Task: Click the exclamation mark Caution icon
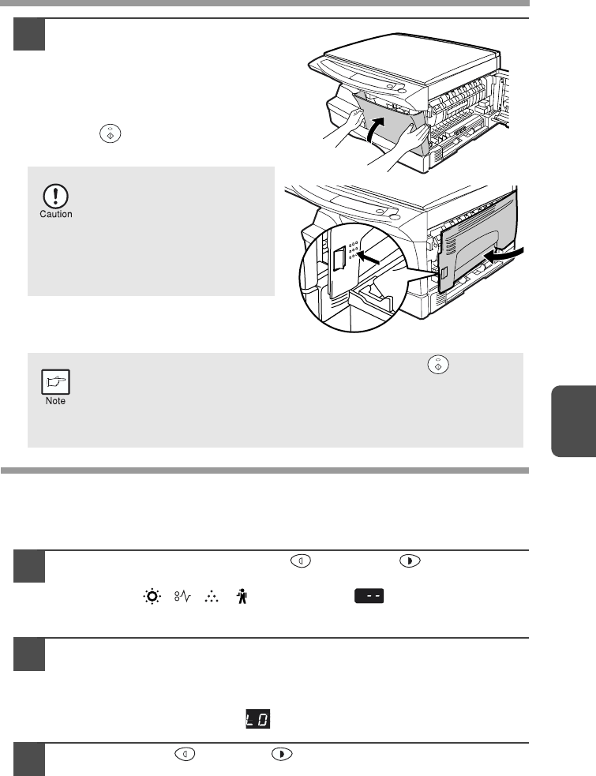point(55,197)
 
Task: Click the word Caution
point(56,214)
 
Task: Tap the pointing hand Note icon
point(55,382)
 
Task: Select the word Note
point(55,401)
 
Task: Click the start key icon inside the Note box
point(438,365)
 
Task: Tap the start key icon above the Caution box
point(111,133)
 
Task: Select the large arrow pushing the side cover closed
point(502,254)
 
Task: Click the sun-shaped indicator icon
point(152,596)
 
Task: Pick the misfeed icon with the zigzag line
point(182,596)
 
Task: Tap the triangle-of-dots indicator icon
point(212,596)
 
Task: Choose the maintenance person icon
point(242,596)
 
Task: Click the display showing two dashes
point(369,596)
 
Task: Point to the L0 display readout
point(258,719)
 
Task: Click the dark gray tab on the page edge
point(573,422)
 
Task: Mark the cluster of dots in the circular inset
point(353,250)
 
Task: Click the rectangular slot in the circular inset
point(339,258)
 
